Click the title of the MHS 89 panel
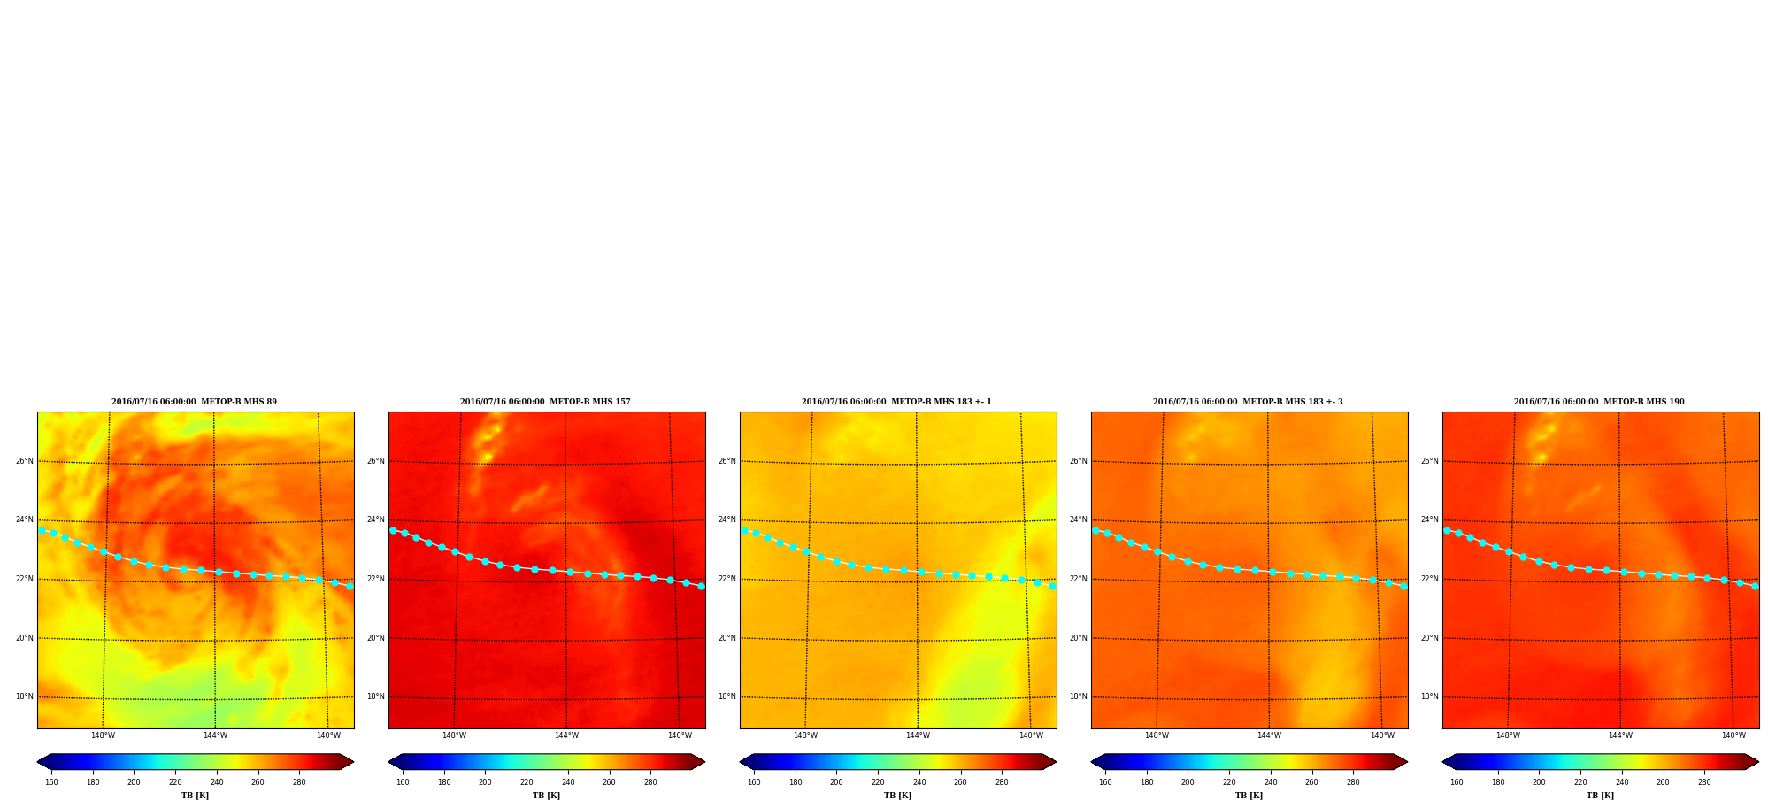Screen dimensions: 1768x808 [194, 402]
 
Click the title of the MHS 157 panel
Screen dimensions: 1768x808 [545, 402]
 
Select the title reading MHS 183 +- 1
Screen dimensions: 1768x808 [896, 402]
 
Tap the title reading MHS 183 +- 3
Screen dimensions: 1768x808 [1248, 402]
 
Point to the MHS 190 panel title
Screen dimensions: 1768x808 [1599, 402]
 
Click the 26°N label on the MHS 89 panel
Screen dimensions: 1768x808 [24, 461]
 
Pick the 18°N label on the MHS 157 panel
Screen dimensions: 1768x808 [375, 696]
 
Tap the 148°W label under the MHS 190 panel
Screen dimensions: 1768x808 [1508, 735]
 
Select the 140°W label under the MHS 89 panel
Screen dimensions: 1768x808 [328, 735]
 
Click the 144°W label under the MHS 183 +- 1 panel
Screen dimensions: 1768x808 [918, 735]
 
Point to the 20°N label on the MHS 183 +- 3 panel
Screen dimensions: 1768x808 [1078, 638]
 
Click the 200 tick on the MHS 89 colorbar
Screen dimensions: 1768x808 [134, 782]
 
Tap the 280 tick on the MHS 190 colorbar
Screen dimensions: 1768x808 [1704, 782]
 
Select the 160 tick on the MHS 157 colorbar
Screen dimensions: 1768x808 [403, 782]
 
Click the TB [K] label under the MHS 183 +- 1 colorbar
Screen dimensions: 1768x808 [898, 796]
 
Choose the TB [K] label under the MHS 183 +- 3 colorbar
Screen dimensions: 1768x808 [1249, 796]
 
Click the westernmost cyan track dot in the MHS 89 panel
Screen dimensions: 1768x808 [42, 531]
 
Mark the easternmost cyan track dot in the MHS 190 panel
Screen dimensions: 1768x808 [1755, 586]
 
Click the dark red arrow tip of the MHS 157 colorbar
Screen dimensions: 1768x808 [704, 761]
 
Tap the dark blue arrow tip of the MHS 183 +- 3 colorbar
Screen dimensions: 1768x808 [1092, 761]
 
